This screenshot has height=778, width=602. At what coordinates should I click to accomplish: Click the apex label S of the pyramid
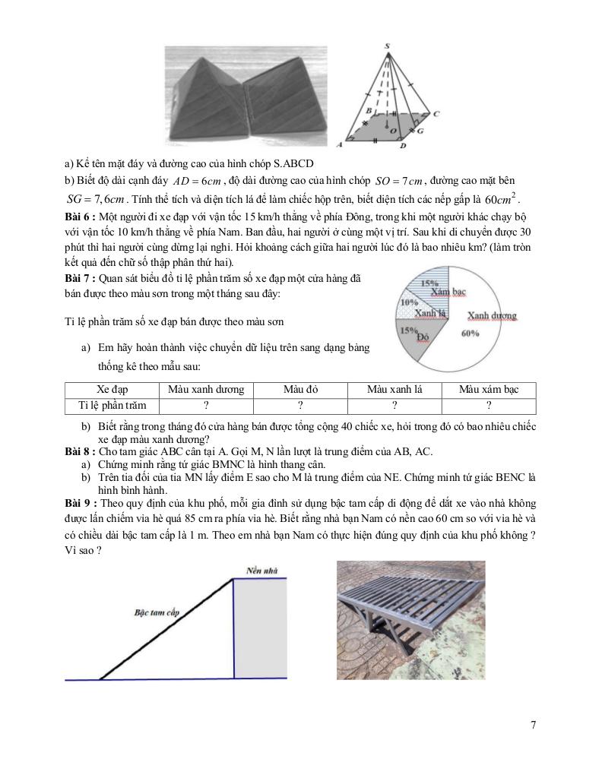tap(388, 47)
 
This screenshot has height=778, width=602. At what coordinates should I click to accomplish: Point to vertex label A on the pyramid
tap(340, 143)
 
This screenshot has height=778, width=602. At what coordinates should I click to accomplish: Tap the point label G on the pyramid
tap(420, 131)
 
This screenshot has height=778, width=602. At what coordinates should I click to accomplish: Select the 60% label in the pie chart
tap(471, 333)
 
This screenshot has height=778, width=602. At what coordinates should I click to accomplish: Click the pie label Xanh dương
tap(492, 315)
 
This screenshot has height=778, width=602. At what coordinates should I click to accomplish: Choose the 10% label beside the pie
tap(409, 302)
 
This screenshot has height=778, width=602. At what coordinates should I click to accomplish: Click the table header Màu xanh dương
tap(206, 390)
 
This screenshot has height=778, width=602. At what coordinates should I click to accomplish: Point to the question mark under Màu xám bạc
tap(489, 406)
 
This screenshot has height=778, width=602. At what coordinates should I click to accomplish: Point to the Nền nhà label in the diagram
tap(261, 570)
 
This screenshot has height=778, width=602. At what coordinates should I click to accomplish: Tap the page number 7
tap(533, 725)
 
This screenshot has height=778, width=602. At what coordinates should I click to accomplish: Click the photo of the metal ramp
tap(411, 624)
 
